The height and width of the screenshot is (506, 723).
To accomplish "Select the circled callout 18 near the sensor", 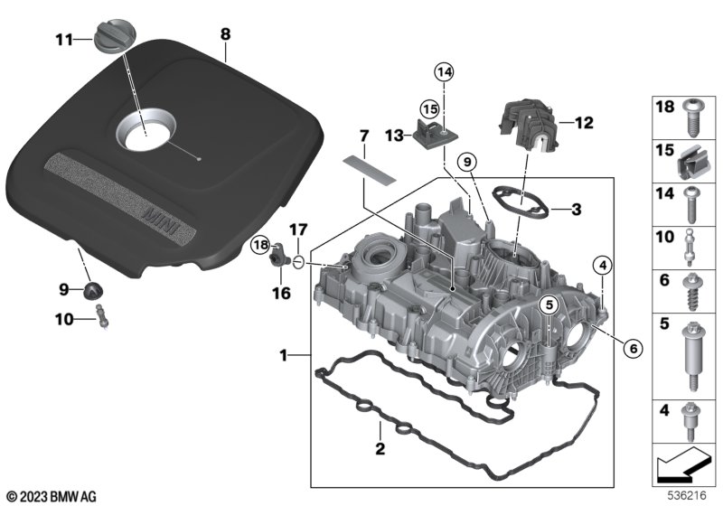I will (261, 244).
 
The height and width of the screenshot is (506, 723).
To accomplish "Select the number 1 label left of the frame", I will (284, 356).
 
